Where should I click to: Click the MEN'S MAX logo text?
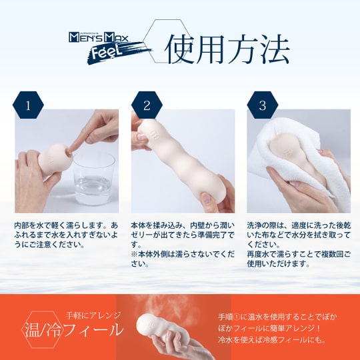pyautogui.click(x=98, y=37)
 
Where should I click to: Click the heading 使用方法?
pyautogui.click(x=227, y=49)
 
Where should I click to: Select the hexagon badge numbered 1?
pyautogui.click(x=28, y=105)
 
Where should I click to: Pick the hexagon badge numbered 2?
pyautogui.click(x=147, y=105)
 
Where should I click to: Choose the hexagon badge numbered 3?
pyautogui.click(x=263, y=105)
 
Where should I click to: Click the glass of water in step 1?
pyautogui.click(x=94, y=179)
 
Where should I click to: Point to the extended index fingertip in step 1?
pyautogui.click(x=69, y=151)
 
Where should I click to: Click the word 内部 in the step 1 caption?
pyautogui.click(x=21, y=226)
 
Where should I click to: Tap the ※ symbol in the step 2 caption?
pyautogui.click(x=134, y=255)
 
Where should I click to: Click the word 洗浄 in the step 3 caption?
pyautogui.click(x=255, y=226)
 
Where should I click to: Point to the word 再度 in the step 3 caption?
pyautogui.click(x=255, y=255)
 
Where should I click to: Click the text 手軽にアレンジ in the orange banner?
pyautogui.click(x=93, y=315)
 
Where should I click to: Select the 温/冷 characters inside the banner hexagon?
pyautogui.click(x=43, y=330)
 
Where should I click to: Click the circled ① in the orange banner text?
pyautogui.click(x=237, y=317)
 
